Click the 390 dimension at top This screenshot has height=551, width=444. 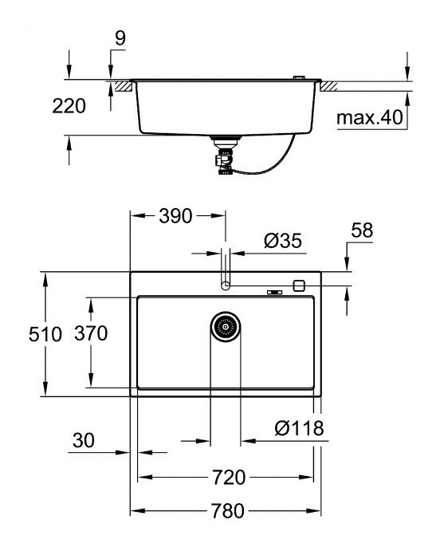tap(177, 217)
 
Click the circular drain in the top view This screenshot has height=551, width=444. tap(225, 327)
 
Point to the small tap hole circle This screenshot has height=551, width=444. tap(226, 285)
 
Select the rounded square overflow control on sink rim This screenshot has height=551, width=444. tap(299, 285)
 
